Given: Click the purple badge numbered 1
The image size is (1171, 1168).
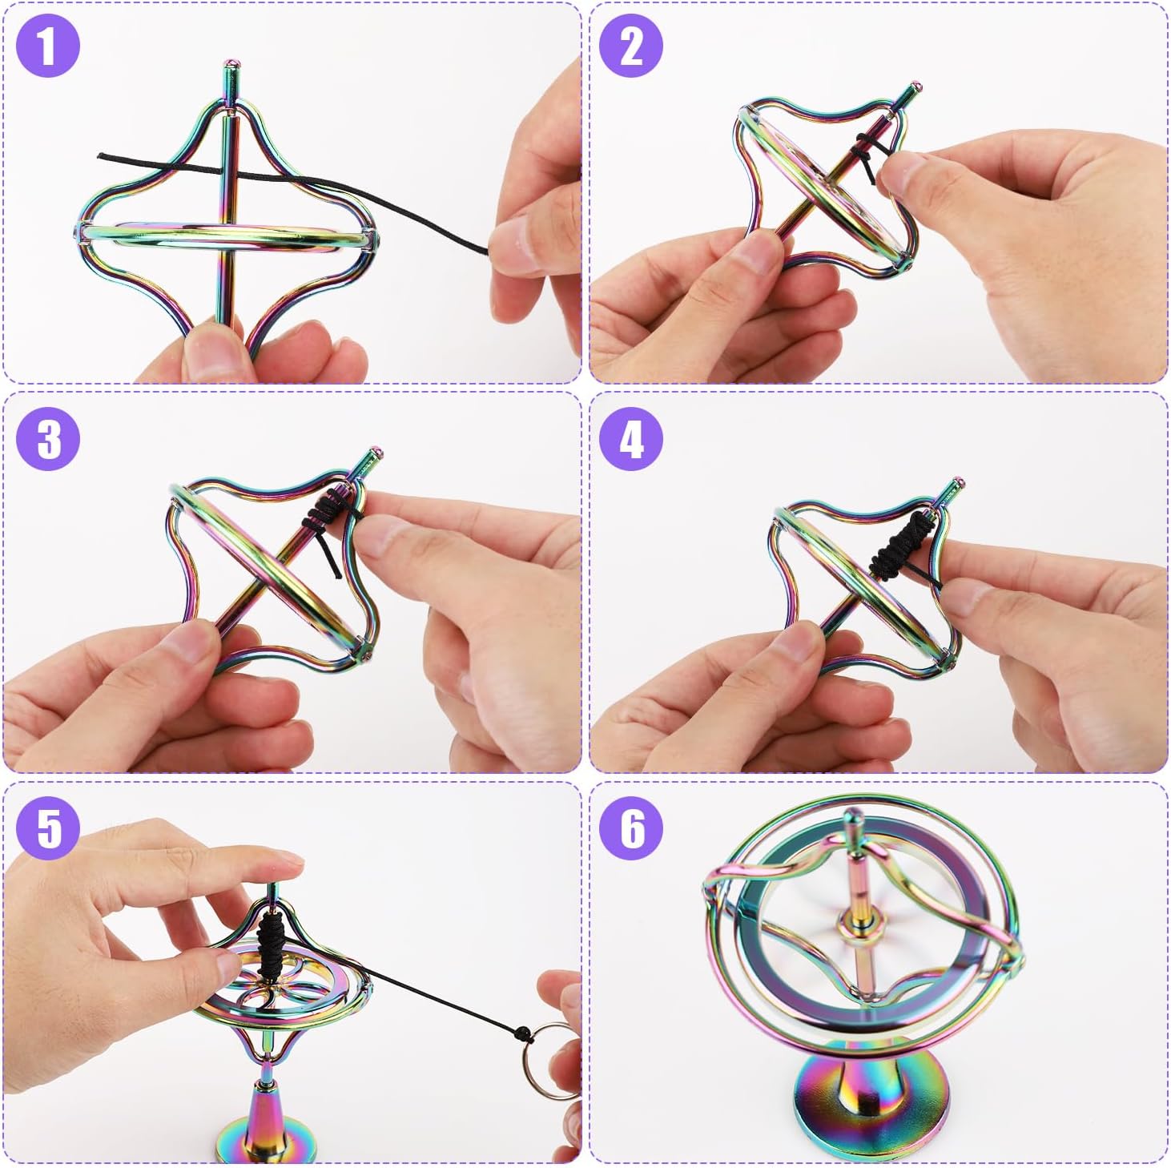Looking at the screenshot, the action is pos(48,46).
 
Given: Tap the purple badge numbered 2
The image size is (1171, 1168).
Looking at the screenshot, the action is pos(631,46).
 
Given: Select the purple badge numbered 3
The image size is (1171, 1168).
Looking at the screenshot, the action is pos(48,438).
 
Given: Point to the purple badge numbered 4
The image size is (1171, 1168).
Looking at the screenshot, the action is pos(631,438).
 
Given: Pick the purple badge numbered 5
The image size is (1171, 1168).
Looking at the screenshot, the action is pos(48,828).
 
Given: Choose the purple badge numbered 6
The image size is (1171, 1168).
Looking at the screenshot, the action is pos(631,828).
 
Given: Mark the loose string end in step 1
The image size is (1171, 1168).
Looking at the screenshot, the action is pos(99,156).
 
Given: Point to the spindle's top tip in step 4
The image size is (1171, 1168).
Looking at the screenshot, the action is pos(958,483).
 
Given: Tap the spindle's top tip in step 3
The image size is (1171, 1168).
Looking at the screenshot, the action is pos(376,452).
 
